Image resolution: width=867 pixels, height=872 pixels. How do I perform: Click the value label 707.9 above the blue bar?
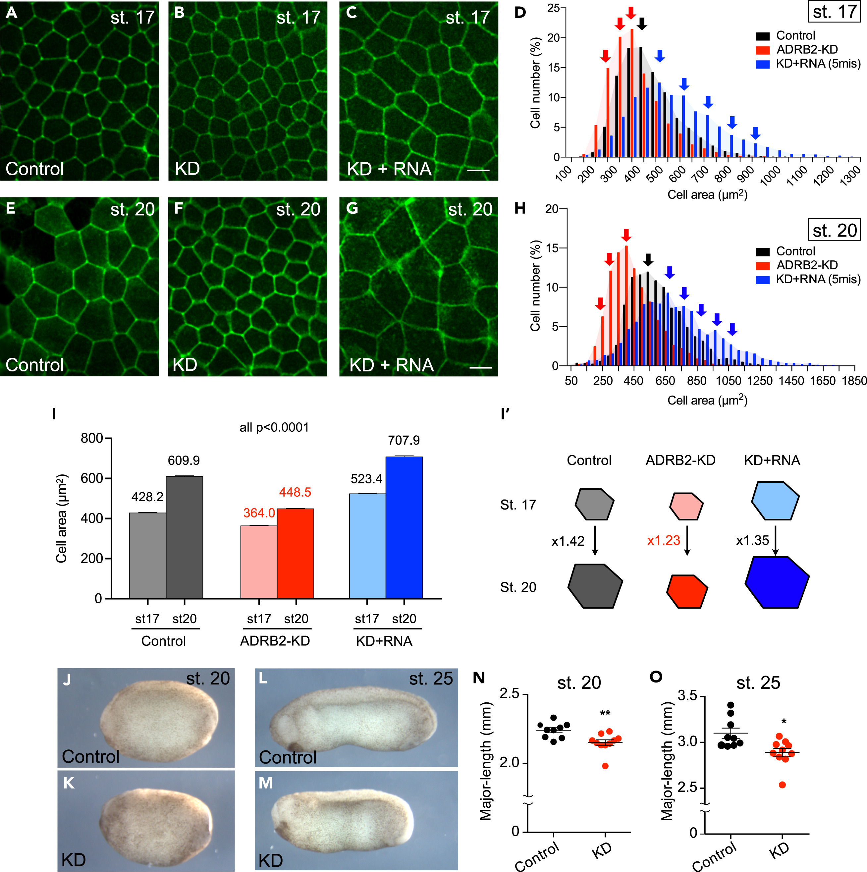pyautogui.click(x=404, y=440)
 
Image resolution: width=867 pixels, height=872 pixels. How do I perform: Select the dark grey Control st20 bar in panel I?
pyautogui.click(x=184, y=537)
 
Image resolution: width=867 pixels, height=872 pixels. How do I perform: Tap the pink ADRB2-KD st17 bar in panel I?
pyautogui.click(x=259, y=562)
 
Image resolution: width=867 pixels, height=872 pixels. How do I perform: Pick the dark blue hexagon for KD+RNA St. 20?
pyautogui.click(x=776, y=582)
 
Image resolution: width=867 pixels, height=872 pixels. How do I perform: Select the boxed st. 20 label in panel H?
pyautogui.click(x=834, y=231)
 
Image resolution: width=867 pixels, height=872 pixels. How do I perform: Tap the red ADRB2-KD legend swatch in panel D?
pyautogui.click(x=762, y=50)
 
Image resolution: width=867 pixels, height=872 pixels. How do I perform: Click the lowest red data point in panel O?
pyautogui.click(x=782, y=785)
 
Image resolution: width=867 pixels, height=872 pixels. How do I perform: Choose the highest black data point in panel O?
pyautogui.click(x=731, y=705)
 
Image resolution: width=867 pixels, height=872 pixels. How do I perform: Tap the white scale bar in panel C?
pyautogui.click(x=478, y=171)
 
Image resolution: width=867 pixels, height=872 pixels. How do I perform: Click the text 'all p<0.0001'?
pyautogui.click(x=274, y=427)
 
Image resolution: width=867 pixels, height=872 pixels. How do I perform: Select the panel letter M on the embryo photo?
pyautogui.click(x=266, y=783)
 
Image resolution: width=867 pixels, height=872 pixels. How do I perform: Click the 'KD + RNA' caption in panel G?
pyautogui.click(x=391, y=365)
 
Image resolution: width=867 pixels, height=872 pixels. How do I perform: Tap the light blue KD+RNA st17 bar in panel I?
pyautogui.click(x=367, y=546)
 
